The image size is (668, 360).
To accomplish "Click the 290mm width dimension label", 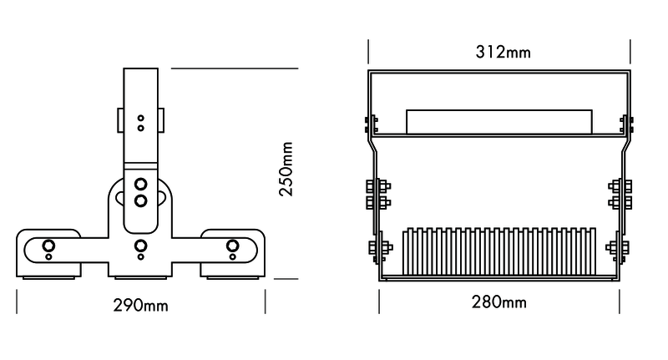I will click(x=140, y=305).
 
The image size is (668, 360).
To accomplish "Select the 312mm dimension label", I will click(x=503, y=53).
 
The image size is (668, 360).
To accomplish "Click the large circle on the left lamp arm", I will click(x=48, y=245).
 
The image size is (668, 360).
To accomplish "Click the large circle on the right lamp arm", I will click(x=233, y=245).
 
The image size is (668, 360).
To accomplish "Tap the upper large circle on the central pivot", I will click(x=141, y=184).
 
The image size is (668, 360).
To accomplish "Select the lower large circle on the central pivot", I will click(x=141, y=200).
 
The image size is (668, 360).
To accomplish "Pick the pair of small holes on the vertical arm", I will click(x=141, y=123).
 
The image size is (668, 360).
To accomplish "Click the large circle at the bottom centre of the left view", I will click(x=141, y=245).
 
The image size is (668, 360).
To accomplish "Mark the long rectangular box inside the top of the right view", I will click(x=498, y=122).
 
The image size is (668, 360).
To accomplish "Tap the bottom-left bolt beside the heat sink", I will click(x=377, y=247).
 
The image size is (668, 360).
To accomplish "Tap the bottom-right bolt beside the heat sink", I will click(x=620, y=247).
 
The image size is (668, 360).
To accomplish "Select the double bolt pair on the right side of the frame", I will click(x=620, y=194).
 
